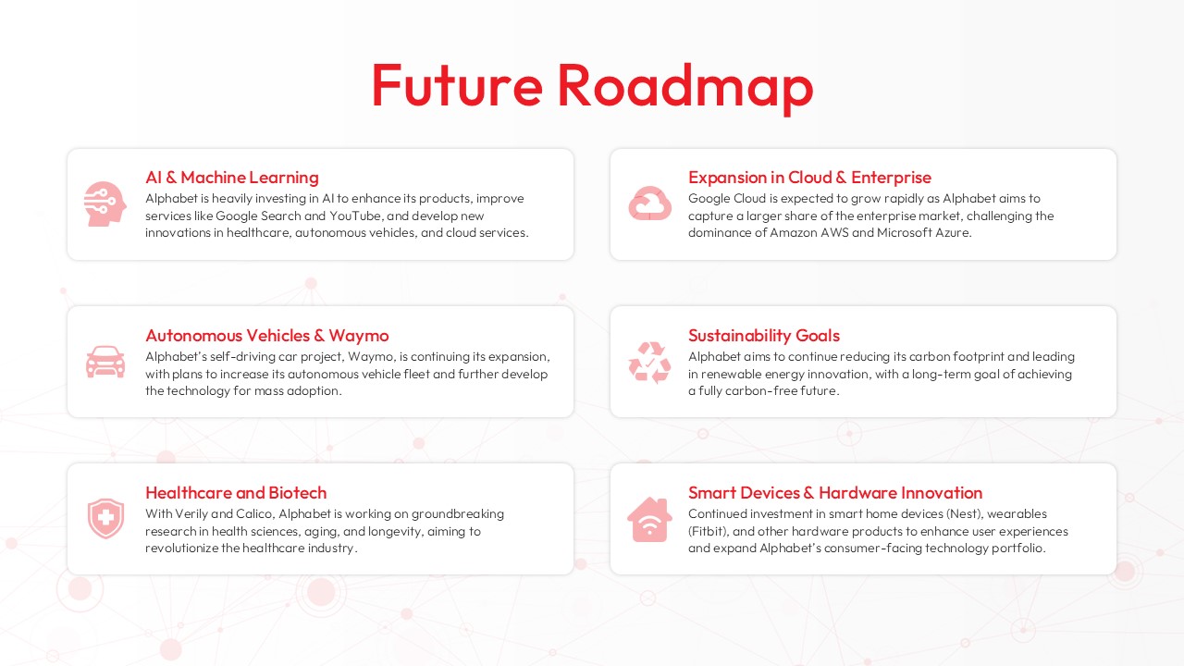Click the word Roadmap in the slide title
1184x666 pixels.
click(684, 85)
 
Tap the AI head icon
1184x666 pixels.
click(104, 203)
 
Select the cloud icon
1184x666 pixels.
click(649, 203)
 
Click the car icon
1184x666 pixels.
click(105, 361)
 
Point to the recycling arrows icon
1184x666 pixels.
click(649, 362)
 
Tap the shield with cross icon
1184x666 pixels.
click(105, 519)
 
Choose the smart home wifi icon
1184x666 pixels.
click(649, 519)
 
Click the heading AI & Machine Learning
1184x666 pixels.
click(231, 178)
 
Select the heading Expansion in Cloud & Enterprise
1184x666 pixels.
click(809, 178)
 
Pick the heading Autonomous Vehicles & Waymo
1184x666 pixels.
click(266, 336)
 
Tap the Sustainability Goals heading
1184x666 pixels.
click(763, 336)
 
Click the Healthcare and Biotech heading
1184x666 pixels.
click(236, 493)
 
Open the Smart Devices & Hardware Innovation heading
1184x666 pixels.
click(834, 493)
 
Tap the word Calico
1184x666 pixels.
click(250, 514)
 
